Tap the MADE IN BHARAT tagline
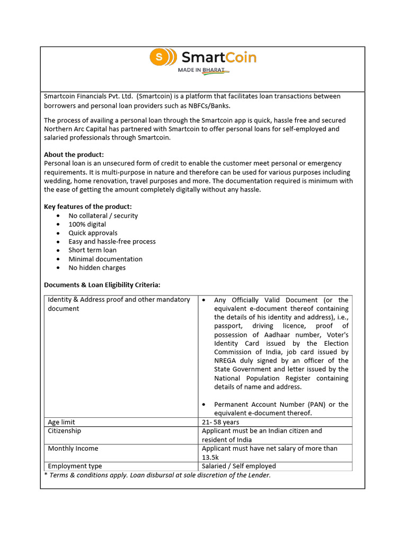coord(203,70)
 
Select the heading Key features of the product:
coord(88,207)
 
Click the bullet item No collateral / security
coord(103,216)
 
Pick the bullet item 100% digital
coord(87,224)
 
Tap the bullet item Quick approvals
coord(93,233)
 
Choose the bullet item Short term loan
coord(92,250)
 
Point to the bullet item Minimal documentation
coord(105,259)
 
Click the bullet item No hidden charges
coord(97,268)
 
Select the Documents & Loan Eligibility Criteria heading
coord(102,285)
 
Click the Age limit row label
coord(61,422)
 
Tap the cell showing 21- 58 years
coord(220,422)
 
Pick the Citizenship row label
coord(65,431)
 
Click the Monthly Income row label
coord(73,449)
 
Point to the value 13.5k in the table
coord(210,457)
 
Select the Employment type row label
coord(75,466)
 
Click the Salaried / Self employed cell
coord(239,466)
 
